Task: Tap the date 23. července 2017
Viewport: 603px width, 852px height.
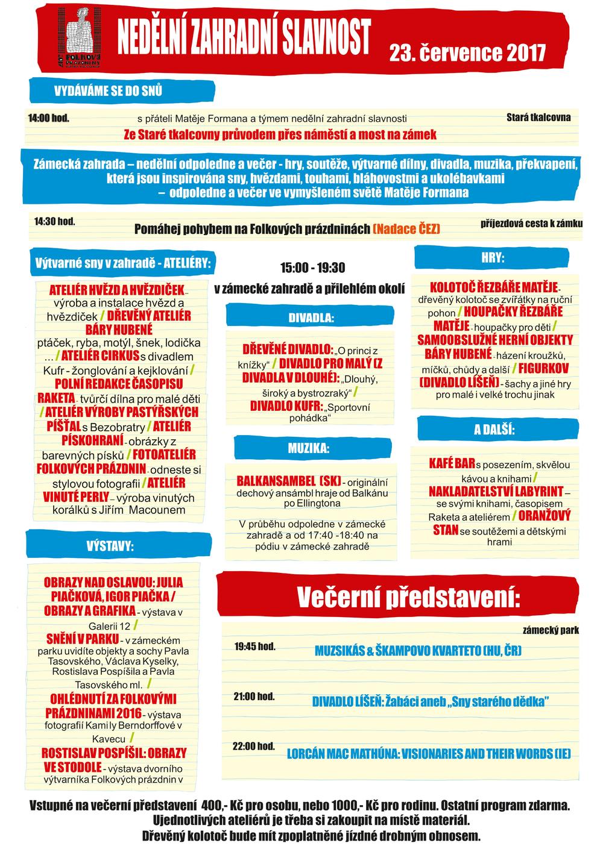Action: coord(467,53)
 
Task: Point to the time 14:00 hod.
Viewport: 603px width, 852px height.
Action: coord(48,117)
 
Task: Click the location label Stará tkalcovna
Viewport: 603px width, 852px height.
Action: coord(538,117)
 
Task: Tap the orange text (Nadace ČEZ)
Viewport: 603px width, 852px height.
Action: coord(406,229)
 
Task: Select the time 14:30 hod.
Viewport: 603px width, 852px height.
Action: coord(55,222)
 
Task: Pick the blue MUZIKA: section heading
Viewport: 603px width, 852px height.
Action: coord(308,448)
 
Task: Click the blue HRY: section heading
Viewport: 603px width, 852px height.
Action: coord(493,258)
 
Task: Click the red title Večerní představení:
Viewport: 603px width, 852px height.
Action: coord(408,597)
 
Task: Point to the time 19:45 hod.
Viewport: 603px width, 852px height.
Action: coord(254,647)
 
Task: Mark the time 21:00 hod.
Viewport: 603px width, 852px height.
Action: coord(254,697)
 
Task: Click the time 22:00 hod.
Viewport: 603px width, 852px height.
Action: coord(254,747)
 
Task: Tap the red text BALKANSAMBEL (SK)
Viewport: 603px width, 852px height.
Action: coord(288,482)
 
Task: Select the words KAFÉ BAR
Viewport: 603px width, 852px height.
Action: coord(452,463)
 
